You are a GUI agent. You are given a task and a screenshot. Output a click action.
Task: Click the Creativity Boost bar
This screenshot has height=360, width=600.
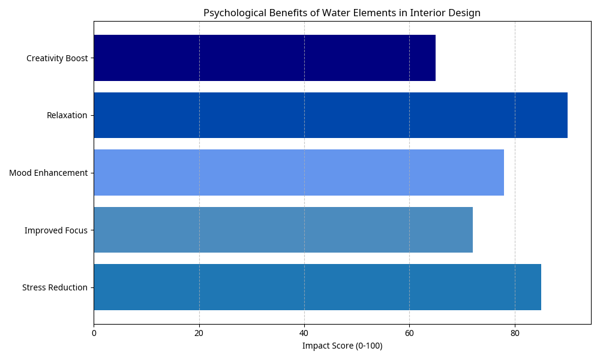click(264, 58)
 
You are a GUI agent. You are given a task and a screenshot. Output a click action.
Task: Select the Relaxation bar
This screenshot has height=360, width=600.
click(330, 115)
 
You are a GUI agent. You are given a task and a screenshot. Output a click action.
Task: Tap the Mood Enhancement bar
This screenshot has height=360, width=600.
click(298, 173)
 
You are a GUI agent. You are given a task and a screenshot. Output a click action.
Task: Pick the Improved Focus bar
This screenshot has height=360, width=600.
click(283, 230)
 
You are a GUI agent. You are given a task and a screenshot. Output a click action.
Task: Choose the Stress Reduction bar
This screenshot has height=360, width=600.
click(317, 287)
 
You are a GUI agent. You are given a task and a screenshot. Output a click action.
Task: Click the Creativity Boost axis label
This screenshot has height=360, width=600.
click(57, 58)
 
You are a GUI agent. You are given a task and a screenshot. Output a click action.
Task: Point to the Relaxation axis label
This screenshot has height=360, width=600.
click(67, 115)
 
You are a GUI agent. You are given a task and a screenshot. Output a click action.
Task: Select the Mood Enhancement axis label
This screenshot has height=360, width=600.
click(48, 173)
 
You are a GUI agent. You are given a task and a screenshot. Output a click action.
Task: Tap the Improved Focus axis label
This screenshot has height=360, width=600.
click(56, 230)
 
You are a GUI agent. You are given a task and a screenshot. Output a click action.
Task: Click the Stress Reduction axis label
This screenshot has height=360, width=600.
click(55, 287)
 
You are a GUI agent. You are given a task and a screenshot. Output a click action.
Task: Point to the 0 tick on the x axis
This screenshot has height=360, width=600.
click(94, 332)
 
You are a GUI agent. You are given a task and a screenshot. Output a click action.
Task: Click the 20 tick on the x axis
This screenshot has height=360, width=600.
click(199, 332)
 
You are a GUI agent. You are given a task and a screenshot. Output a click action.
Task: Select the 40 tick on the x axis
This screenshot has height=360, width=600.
click(304, 332)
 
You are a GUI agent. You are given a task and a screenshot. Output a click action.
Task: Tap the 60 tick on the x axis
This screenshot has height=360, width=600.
click(409, 332)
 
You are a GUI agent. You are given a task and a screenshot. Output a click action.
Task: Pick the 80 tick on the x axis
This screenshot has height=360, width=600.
click(515, 332)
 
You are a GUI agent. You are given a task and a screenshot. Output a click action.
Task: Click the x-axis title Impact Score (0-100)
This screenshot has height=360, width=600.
click(342, 346)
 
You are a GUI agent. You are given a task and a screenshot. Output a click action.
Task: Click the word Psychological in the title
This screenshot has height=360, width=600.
click(230, 13)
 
